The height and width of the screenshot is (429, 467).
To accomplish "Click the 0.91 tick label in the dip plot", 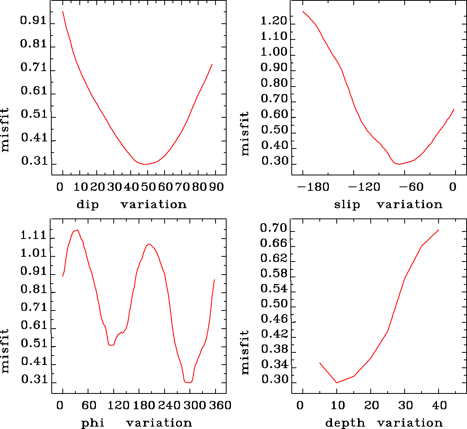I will [33, 21].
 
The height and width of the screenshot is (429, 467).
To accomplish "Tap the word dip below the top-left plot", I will [87, 205].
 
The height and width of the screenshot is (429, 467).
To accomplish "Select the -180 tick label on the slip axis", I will [314, 187].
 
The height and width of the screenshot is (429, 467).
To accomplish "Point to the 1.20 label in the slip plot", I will [274, 21].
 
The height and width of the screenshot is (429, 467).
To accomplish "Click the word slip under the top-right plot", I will [347, 205].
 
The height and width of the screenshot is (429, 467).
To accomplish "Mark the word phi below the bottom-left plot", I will [92, 423].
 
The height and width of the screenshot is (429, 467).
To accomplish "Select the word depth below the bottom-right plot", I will [345, 423].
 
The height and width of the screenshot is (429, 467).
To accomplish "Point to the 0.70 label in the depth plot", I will [274, 228].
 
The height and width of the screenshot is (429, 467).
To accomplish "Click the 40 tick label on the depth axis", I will [439, 405].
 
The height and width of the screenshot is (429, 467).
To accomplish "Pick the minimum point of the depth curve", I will [337, 382].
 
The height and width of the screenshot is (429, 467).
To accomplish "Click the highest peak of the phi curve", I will [77, 230].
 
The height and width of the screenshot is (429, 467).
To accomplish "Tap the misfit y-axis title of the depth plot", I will [245, 352].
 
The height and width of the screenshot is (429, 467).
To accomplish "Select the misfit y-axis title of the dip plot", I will [5, 130].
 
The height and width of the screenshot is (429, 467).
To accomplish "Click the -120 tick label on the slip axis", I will [364, 187].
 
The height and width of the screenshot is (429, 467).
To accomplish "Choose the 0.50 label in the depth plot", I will [274, 304].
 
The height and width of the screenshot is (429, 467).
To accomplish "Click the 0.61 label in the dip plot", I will [33, 91].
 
